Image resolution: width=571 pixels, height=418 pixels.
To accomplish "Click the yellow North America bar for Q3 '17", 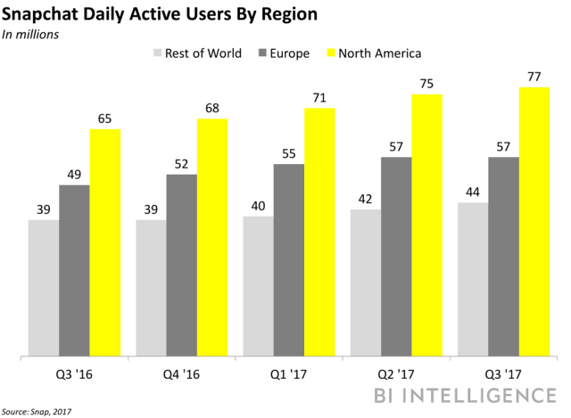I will [x=535, y=222].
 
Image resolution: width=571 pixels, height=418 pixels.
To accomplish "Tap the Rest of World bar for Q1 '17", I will [x=257, y=286].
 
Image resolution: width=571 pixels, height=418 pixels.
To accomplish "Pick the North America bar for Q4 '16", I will [x=212, y=237].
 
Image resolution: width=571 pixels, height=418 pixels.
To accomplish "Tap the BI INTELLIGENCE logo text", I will [x=478, y=394].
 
